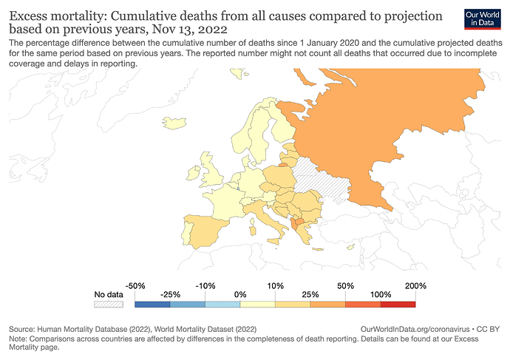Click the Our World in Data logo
pos(483,19)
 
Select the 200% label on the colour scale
pos(416,285)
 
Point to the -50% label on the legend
pos(135,285)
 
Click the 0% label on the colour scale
pos(240,294)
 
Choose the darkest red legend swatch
pos(398,303)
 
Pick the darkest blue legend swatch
pos(152,303)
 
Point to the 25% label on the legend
pos(310,294)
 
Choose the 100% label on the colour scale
pos(381,294)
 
